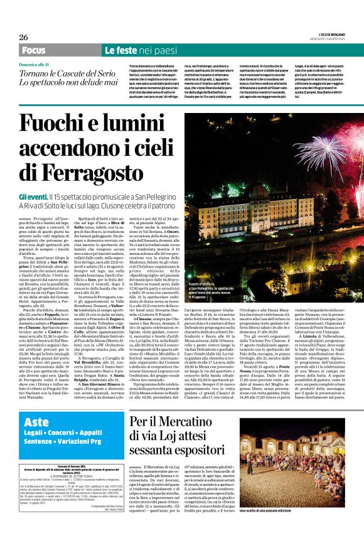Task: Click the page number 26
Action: (23, 37)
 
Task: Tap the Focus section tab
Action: (33, 50)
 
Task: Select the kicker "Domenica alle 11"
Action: (43, 65)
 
